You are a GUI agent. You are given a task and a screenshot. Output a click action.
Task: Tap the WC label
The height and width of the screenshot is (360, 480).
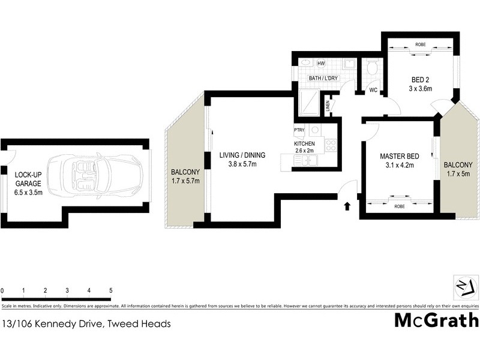[x=373, y=91]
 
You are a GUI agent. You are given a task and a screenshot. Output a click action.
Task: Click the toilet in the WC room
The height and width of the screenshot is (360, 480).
[x=371, y=67]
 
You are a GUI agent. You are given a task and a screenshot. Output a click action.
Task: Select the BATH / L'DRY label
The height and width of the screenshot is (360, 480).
[x=323, y=77]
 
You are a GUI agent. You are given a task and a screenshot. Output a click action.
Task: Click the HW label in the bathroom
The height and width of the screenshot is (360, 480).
[x=321, y=64]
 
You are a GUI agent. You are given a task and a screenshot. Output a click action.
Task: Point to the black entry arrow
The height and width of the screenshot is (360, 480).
[x=346, y=207]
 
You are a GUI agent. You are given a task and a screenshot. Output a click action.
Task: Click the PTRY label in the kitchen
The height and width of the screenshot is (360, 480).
[x=299, y=130]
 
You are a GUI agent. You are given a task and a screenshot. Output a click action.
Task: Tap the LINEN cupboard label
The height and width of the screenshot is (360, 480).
[x=328, y=107]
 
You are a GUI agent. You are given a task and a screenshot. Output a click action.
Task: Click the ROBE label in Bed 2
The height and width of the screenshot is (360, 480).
[x=421, y=44]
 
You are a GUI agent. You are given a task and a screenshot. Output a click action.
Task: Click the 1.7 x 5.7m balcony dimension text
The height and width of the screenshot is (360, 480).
[x=185, y=179]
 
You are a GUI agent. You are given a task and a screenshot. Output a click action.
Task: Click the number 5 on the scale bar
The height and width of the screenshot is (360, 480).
[x=110, y=290]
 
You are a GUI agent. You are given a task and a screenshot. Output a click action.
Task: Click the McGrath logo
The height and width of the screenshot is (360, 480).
[x=436, y=320]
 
